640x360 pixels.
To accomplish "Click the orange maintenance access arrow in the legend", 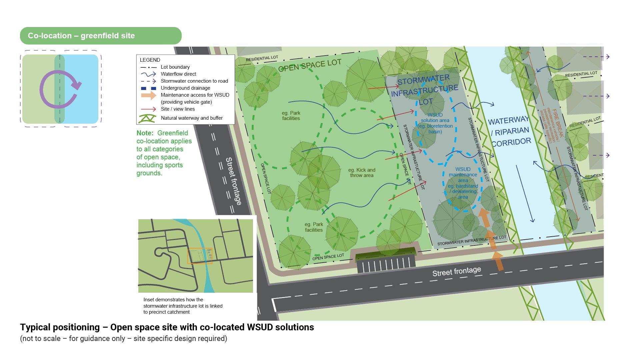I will click(149, 95).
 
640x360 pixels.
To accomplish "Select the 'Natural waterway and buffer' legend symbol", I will click(147, 118).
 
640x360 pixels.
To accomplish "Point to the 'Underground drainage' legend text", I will click(185, 88).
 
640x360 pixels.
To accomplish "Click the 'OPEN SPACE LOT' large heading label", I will click(310, 65).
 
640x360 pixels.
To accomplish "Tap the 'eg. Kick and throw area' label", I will click(362, 173).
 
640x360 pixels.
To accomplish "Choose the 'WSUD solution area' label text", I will click(435, 123).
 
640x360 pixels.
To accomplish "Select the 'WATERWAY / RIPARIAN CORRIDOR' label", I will click(510, 131).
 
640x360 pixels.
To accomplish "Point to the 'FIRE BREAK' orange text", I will click(557, 123).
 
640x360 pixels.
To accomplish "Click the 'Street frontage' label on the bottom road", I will click(457, 272).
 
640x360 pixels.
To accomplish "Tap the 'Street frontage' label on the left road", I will click(233, 181).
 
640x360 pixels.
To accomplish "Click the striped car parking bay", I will click(386, 266).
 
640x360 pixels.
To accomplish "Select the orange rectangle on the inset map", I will click(200, 256).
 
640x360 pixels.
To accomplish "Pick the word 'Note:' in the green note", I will click(145, 133).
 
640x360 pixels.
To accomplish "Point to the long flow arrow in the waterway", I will click(524, 193).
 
